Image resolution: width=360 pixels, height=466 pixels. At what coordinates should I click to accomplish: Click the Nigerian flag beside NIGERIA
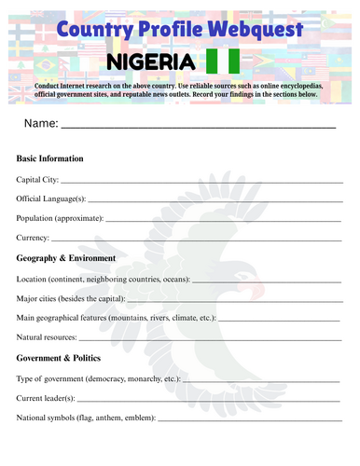point(223,62)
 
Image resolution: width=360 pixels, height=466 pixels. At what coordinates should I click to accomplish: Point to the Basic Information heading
point(50,158)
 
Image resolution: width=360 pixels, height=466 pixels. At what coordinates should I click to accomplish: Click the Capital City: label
point(37,179)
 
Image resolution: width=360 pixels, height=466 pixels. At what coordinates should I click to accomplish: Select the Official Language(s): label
point(51,199)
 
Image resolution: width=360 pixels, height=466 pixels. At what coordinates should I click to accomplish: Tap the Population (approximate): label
point(60,218)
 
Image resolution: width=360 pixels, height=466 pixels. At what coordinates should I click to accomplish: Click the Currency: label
point(34,239)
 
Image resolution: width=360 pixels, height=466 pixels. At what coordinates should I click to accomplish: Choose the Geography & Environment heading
point(66,258)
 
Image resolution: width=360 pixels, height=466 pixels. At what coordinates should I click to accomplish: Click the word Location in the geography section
point(33,279)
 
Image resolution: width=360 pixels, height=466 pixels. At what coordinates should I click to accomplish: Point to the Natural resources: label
point(50,337)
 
